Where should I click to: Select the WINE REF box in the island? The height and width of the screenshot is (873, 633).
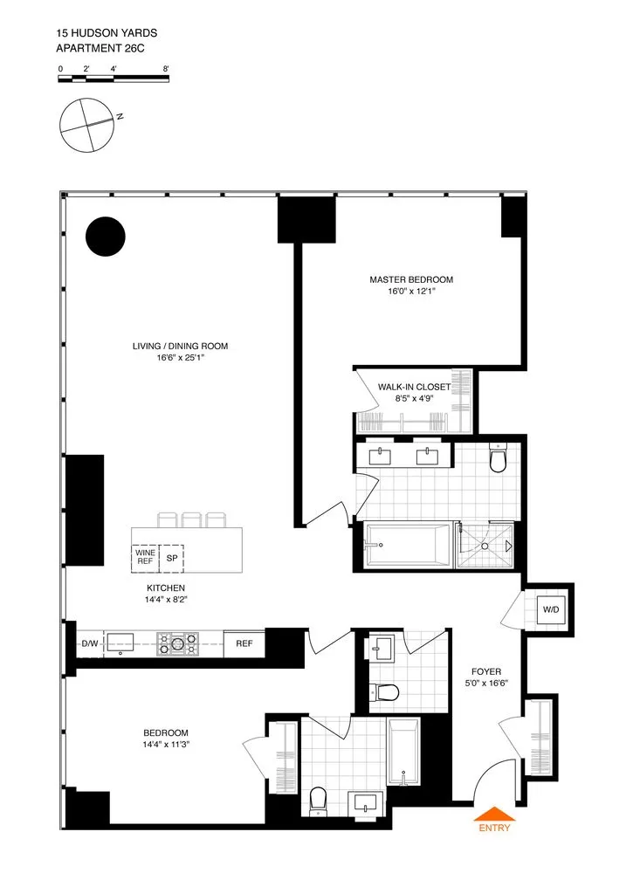(x=144, y=557)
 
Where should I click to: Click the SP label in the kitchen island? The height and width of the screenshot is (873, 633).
(x=171, y=557)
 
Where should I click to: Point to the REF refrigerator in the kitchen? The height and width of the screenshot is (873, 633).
(x=244, y=644)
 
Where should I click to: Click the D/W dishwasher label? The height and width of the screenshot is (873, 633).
(x=89, y=644)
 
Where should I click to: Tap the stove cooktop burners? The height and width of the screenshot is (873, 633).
(x=177, y=644)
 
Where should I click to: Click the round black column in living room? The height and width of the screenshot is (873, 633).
(x=106, y=236)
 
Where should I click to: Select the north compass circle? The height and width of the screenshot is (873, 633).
(x=87, y=125)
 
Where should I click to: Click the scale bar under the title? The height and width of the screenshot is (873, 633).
(x=114, y=79)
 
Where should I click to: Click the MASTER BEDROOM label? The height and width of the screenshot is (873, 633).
(x=411, y=279)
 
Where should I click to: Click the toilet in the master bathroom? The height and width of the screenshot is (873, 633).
(x=499, y=459)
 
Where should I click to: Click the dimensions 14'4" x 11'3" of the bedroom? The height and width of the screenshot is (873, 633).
(x=166, y=745)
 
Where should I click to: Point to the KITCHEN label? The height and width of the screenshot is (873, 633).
(x=165, y=588)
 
